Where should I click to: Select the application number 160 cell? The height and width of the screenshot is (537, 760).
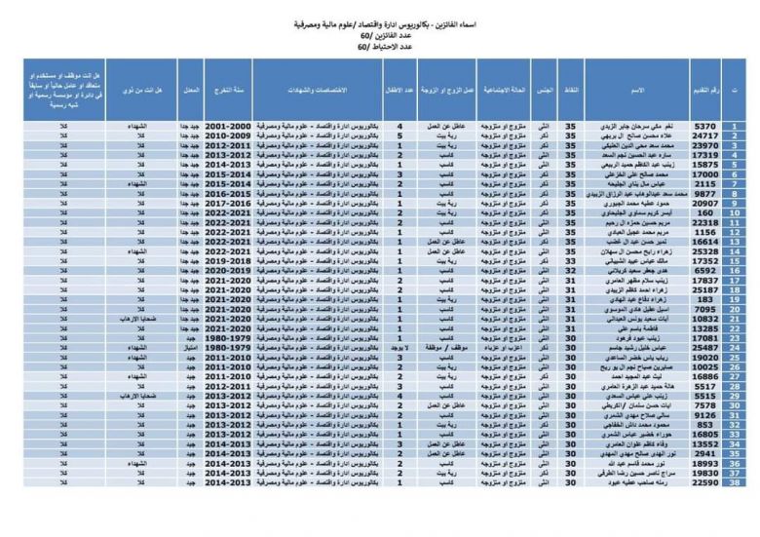[704, 212]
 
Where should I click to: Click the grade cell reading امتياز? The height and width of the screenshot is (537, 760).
[191, 346]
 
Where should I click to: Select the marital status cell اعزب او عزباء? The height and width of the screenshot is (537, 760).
[500, 346]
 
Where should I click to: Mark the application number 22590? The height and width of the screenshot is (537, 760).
[704, 481]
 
